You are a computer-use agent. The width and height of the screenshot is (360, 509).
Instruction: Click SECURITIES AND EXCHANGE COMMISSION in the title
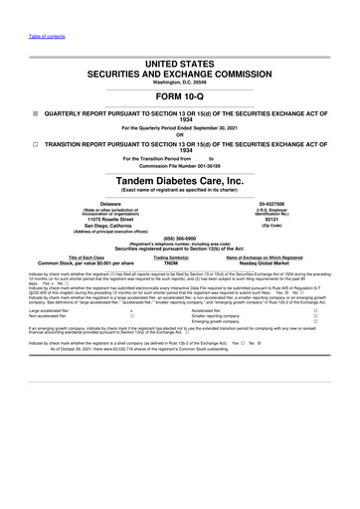click(180, 74)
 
